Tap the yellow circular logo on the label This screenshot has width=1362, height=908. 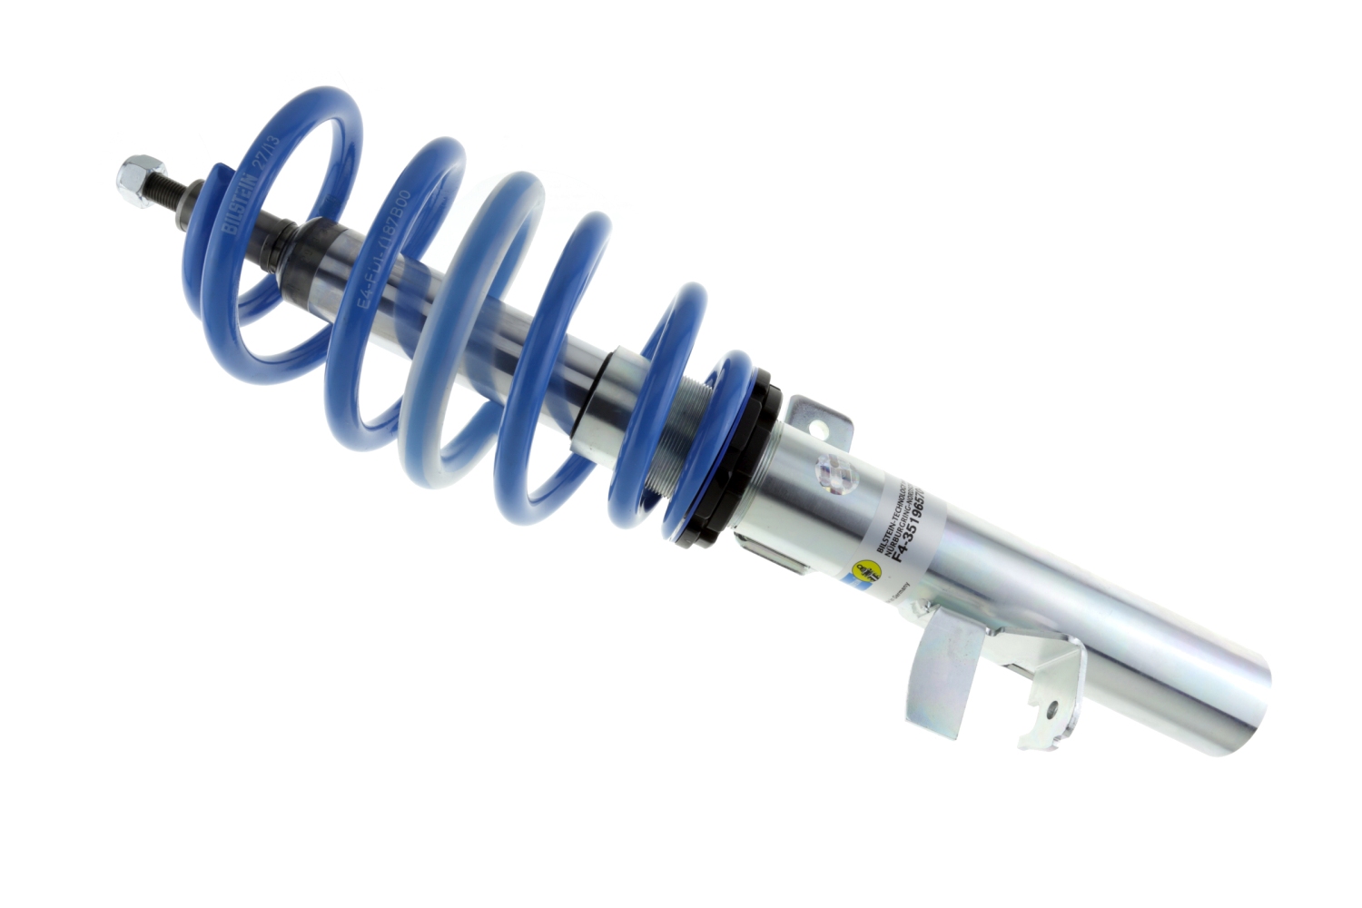(x=864, y=571)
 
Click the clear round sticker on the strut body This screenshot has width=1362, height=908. (x=833, y=472)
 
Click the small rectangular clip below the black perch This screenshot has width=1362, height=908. (x=772, y=554)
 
